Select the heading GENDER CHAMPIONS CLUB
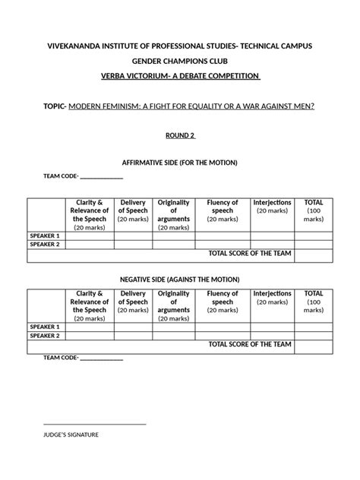(x=179, y=62)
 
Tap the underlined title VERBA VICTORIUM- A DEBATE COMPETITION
(x=179, y=77)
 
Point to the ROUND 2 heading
(x=180, y=135)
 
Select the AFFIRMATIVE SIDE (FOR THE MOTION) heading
(x=180, y=163)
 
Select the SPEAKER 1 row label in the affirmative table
(x=45, y=235)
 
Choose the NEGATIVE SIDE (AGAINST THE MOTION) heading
(x=180, y=279)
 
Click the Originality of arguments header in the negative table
(x=173, y=305)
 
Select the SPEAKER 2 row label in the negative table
(x=45, y=335)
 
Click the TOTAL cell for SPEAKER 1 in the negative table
(x=314, y=326)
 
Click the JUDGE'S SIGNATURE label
(x=71, y=435)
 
